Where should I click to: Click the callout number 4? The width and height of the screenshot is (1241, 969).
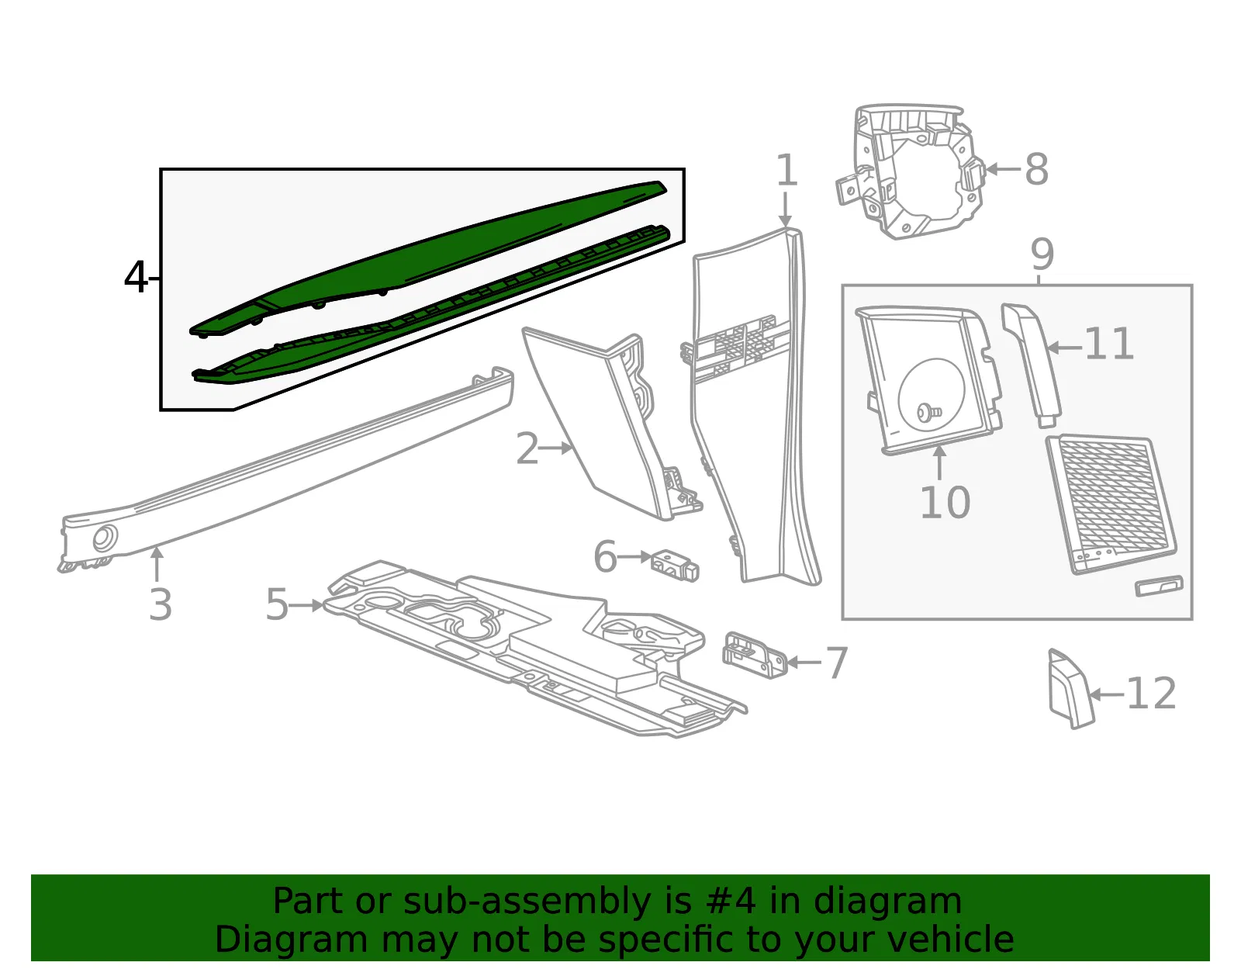[x=136, y=278]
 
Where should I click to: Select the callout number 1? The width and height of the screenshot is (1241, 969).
[x=787, y=170]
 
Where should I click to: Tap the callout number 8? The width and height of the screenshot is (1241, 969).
[x=1036, y=170]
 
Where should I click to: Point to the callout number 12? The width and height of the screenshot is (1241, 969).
[x=1151, y=694]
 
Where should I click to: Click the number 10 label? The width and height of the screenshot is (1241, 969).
[x=945, y=503]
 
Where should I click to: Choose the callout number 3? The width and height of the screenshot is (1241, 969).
[x=161, y=604]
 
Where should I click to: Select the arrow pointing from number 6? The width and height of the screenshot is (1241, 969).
[x=634, y=556]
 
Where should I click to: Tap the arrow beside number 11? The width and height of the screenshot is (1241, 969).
[x=1064, y=347]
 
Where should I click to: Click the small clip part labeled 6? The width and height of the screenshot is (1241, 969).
[x=675, y=566]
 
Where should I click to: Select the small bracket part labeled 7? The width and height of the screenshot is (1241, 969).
[x=755, y=655]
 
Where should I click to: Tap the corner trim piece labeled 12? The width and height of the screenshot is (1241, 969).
[x=1071, y=689]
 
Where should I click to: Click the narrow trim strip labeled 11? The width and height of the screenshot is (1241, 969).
[x=1032, y=365]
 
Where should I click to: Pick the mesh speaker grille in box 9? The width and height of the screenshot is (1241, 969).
[x=1111, y=504]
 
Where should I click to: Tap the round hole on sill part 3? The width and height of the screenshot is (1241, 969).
[x=105, y=538]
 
